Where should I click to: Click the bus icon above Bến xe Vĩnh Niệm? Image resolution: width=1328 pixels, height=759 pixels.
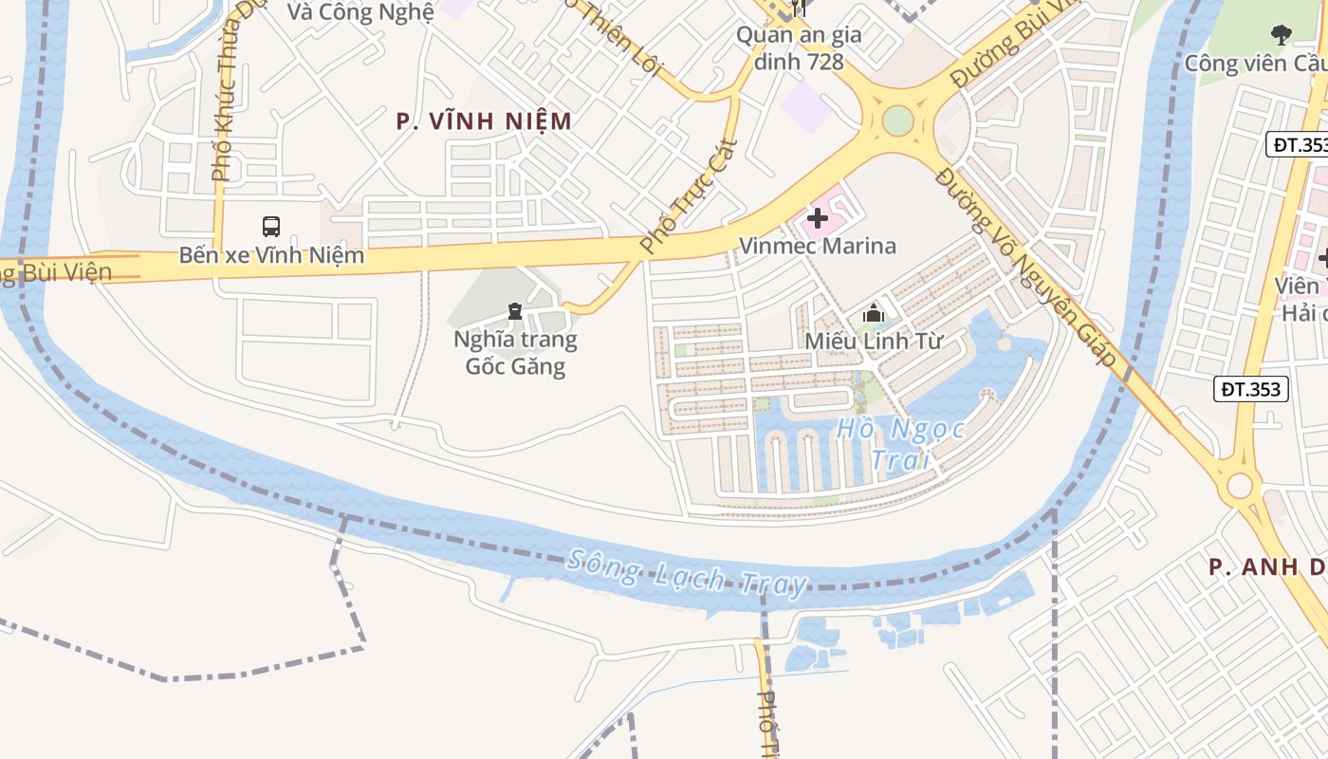click(x=271, y=227)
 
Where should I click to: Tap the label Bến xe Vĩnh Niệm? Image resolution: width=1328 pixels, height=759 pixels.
click(x=271, y=255)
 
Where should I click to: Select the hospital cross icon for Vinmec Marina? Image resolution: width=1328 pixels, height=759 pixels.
click(x=817, y=219)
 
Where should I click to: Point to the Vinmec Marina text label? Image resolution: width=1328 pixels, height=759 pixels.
click(x=817, y=247)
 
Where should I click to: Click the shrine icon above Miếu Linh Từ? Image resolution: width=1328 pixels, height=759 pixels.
click(x=874, y=313)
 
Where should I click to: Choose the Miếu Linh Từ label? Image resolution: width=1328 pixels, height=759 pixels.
click(x=874, y=341)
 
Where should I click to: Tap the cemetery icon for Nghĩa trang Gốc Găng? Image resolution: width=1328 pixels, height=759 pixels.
click(x=514, y=310)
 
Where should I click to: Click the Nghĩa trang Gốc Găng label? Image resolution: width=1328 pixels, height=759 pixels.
click(x=515, y=352)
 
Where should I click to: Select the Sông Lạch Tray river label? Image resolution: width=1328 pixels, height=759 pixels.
click(x=687, y=572)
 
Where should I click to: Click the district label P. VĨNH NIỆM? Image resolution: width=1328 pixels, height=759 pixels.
click(x=484, y=121)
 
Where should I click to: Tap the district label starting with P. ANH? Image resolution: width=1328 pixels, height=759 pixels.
click(x=1266, y=567)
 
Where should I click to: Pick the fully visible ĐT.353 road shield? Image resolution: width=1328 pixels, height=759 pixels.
click(x=1250, y=388)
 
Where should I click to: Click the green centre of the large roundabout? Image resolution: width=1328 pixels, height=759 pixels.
click(x=897, y=120)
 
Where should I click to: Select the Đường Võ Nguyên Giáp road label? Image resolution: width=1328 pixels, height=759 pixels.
click(x=1025, y=267)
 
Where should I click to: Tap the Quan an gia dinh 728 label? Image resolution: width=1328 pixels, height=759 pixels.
click(x=799, y=48)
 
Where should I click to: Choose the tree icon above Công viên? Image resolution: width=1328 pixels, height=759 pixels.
click(x=1281, y=36)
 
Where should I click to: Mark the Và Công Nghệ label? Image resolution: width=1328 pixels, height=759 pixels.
click(x=360, y=11)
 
